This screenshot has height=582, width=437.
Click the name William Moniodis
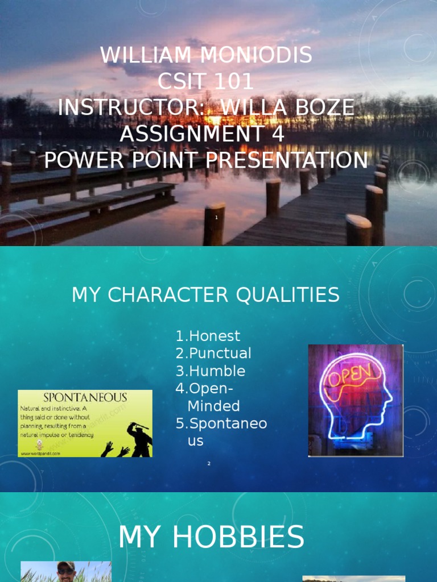(206, 55)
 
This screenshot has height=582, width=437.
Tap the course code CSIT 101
(206, 82)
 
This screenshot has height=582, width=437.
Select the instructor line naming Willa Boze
(206, 107)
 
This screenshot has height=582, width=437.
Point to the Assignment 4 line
(202, 134)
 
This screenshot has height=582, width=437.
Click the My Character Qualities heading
(205, 295)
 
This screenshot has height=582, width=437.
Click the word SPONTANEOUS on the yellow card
(85, 397)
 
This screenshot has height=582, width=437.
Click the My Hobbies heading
(211, 537)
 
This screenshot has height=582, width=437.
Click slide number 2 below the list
(209, 464)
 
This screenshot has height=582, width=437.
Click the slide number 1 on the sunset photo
(217, 218)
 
